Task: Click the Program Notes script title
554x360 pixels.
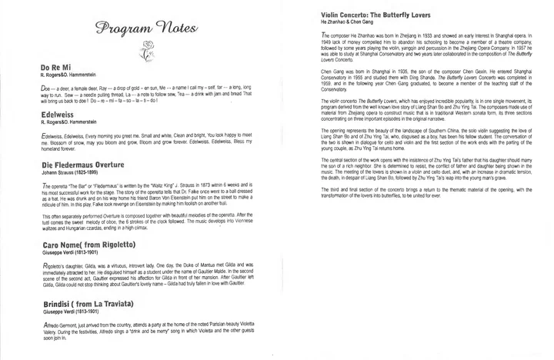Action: click(x=143, y=29)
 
